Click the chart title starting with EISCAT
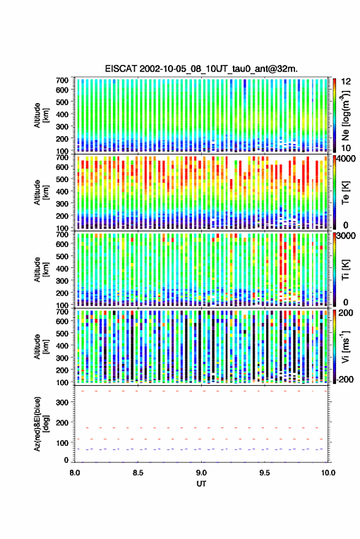pyautogui.click(x=201, y=69)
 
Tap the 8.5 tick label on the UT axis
pyautogui.click(x=138, y=473)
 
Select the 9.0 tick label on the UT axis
pyautogui.click(x=202, y=473)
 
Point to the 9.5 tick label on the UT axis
pyautogui.click(x=264, y=473)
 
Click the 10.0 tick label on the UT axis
pyautogui.click(x=328, y=473)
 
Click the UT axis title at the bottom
pyautogui.click(x=201, y=484)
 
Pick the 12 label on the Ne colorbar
pyautogui.click(x=346, y=82)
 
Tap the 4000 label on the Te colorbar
pyautogui.click(x=347, y=159)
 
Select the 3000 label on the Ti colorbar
pyautogui.click(x=347, y=236)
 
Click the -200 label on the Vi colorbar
pyautogui.click(x=345, y=380)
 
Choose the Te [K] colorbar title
pyautogui.click(x=346, y=193)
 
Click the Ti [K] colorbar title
pyautogui.click(x=346, y=270)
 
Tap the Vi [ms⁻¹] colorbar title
pyautogui.click(x=346, y=346)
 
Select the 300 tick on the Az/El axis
pyautogui.click(x=62, y=402)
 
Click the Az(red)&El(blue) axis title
pyautogui.click(x=42, y=424)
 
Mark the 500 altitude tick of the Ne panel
pyautogui.click(x=62, y=102)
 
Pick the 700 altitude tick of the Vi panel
pyautogui.click(x=62, y=312)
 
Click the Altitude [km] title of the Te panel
pyautogui.click(x=41, y=193)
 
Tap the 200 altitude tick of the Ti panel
pyautogui.click(x=62, y=293)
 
